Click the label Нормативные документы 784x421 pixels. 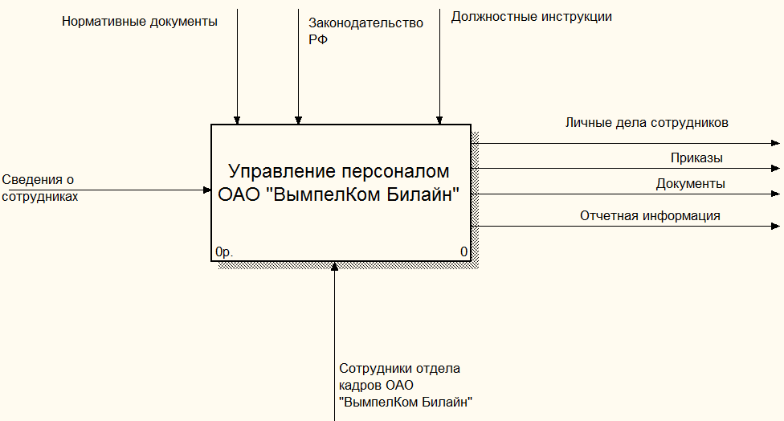[x=140, y=22]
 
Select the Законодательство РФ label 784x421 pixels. [x=365, y=31]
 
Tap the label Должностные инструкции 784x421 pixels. [x=532, y=17]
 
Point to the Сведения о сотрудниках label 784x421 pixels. [x=39, y=188]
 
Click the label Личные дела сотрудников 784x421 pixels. [x=647, y=123]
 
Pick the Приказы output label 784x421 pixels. [x=696, y=158]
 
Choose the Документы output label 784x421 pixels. [x=691, y=184]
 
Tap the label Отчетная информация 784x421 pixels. [x=650, y=215]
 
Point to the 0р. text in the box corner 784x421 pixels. [x=224, y=252]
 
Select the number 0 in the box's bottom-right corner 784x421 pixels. [x=464, y=251]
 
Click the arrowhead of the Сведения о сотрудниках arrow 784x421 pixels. [x=207, y=190]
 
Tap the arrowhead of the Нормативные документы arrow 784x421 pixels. [x=237, y=121]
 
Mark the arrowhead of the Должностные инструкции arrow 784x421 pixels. [x=439, y=121]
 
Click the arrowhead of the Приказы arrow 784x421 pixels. [x=776, y=169]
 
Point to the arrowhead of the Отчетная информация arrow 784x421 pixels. [x=776, y=227]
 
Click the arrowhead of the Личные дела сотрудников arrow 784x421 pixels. [x=776, y=144]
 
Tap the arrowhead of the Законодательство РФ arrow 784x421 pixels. [x=299, y=121]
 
